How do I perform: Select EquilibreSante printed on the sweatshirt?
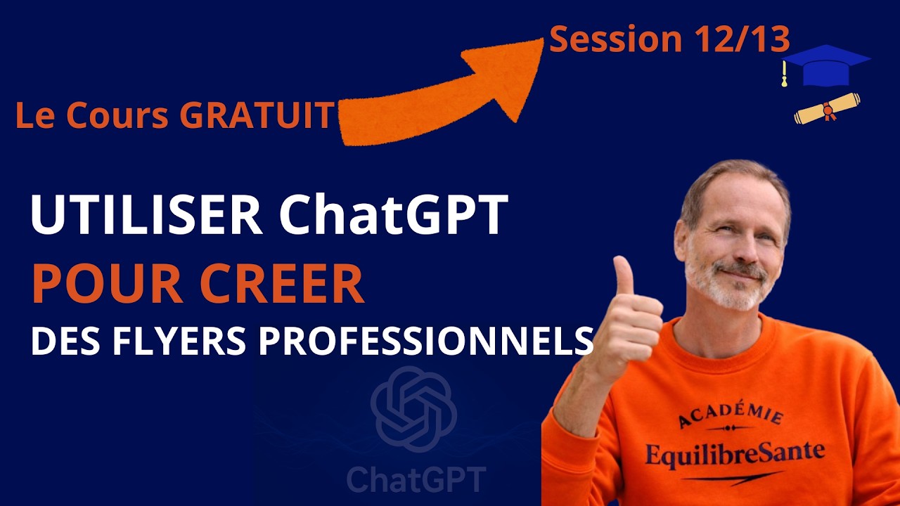734,453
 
